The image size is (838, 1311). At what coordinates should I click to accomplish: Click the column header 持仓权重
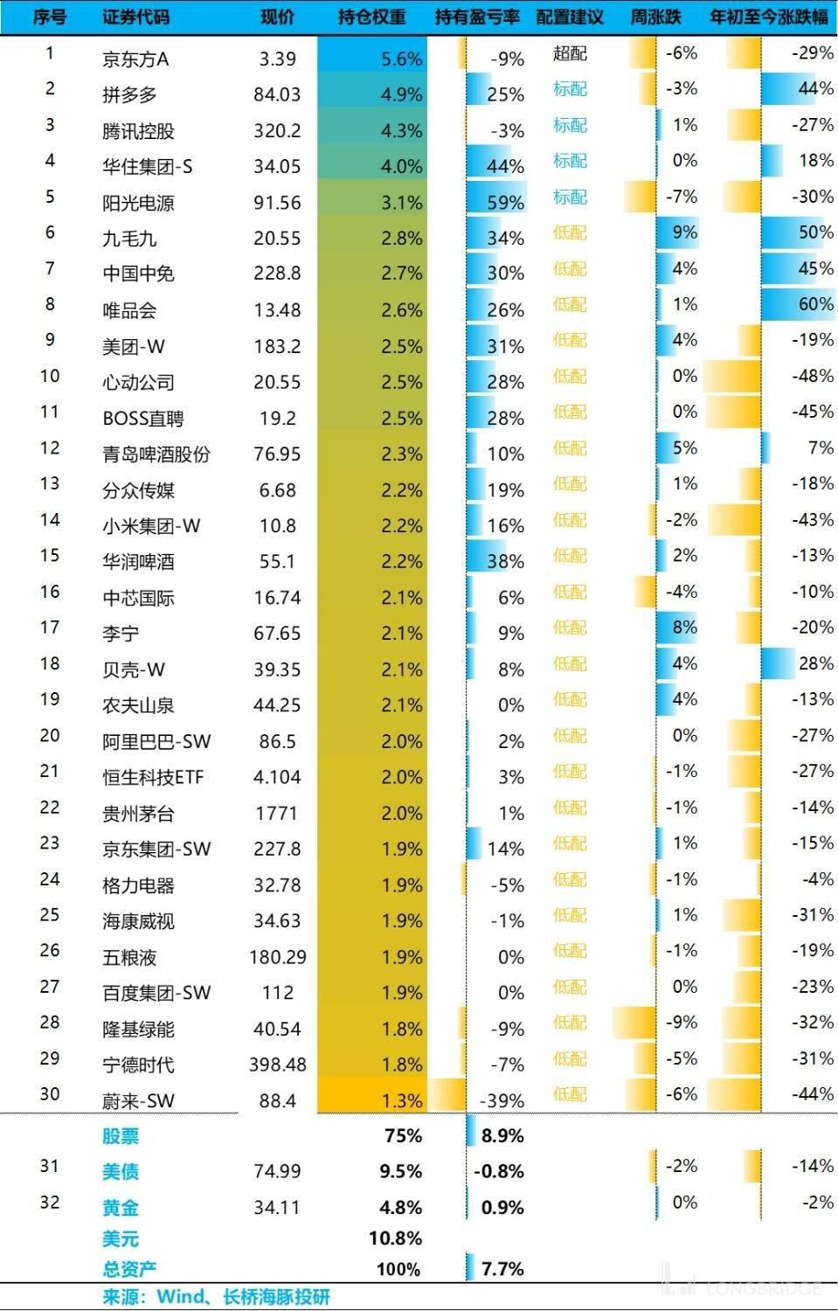(371, 17)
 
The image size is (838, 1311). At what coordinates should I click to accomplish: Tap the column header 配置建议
(570, 17)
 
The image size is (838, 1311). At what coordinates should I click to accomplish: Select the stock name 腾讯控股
(138, 131)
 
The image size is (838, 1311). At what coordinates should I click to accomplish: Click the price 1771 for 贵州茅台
(276, 814)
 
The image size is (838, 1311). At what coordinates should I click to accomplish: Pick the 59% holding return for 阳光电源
(505, 203)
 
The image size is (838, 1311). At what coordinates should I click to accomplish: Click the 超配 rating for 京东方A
(570, 53)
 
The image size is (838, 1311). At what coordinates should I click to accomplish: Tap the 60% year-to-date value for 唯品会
(815, 304)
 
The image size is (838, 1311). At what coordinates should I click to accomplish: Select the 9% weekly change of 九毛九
(684, 232)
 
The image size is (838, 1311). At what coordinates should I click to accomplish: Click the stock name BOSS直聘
(142, 419)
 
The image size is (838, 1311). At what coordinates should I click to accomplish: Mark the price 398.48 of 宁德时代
(278, 1065)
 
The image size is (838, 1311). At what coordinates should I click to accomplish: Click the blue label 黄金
(121, 1208)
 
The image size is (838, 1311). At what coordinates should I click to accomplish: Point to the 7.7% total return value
(502, 1269)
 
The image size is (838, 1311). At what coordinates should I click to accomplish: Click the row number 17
(50, 628)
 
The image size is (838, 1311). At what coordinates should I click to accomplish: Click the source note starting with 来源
(216, 1297)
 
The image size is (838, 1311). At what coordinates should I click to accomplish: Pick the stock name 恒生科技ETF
(153, 777)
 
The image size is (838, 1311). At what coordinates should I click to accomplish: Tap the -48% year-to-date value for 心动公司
(812, 376)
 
